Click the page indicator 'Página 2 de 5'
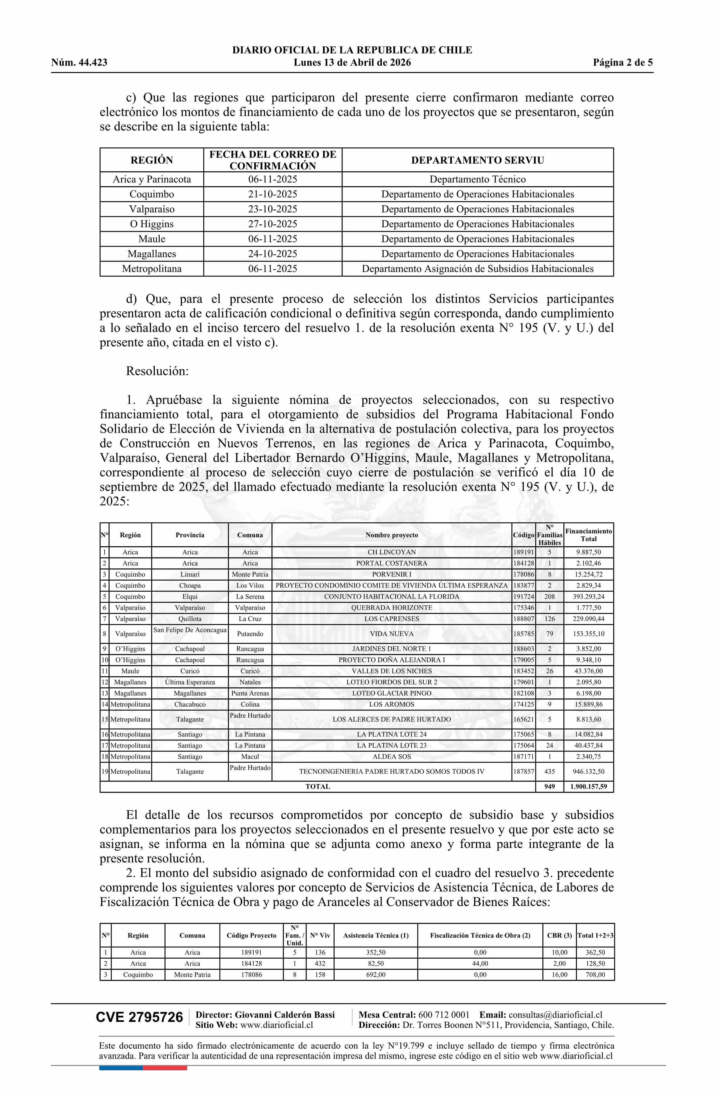[623, 63]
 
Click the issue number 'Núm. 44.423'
[79, 63]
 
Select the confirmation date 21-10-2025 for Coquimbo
[272, 194]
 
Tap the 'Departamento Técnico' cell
[477, 179]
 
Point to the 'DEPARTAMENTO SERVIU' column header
[477, 160]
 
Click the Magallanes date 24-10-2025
[272, 254]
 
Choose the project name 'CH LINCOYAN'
[392, 552]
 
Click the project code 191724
[524, 596]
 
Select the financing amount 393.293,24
[589, 596]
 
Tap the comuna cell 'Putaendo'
[250, 634]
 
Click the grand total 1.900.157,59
[589, 786]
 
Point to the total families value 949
[549, 786]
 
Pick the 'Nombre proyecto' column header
[392, 535]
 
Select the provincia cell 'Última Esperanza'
[190, 682]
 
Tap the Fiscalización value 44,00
[480, 963]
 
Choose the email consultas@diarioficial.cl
[555, 1015]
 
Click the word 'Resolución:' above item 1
[157, 371]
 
